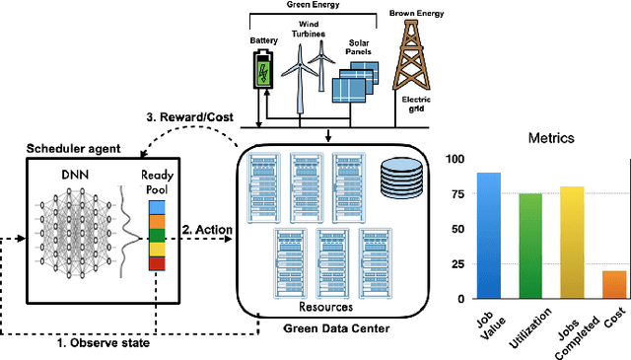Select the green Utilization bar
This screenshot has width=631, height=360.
[529, 246]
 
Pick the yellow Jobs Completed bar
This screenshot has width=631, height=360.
[572, 243]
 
